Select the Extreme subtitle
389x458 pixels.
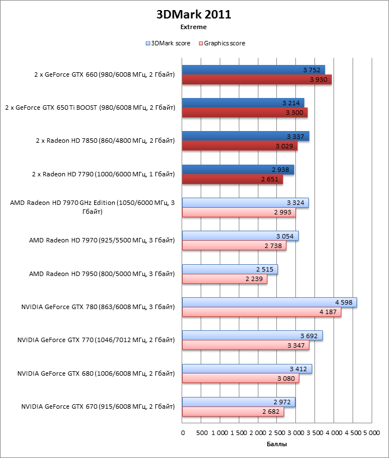click(193, 26)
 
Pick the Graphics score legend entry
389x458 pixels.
click(224, 43)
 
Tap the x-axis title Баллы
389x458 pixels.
click(277, 444)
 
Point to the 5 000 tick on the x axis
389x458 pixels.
click(371, 433)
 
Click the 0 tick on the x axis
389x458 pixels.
click(183, 433)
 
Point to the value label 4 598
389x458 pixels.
click(343, 302)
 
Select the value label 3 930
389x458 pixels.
click(318, 80)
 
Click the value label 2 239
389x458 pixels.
click(254, 279)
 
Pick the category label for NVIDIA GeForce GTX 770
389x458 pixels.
click(96, 340)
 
